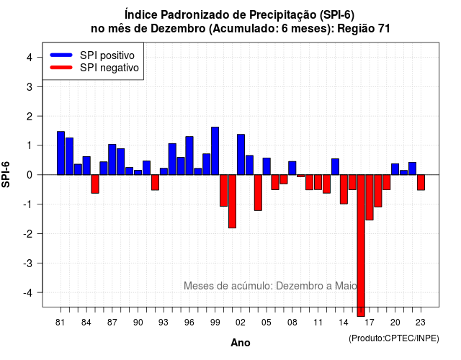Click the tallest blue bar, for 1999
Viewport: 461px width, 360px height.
click(x=215, y=150)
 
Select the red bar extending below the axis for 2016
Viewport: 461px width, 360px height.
click(x=361, y=246)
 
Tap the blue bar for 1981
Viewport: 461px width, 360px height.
click(x=61, y=153)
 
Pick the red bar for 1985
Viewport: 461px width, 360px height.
click(x=95, y=184)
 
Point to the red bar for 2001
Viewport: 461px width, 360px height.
click(x=232, y=202)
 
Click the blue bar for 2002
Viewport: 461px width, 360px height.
click(x=241, y=155)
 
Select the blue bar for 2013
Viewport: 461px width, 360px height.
click(x=335, y=166)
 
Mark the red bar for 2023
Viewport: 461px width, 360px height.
click(x=421, y=182)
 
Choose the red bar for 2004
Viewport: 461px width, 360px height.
click(x=258, y=192)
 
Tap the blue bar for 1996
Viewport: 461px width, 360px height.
click(x=189, y=156)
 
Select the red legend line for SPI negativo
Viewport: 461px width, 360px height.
click(x=61, y=68)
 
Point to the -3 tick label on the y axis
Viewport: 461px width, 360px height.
click(x=28, y=263)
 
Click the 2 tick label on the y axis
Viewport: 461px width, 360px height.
click(x=30, y=117)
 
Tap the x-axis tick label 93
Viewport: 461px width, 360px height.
click(x=164, y=323)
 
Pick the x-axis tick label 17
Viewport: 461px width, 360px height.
click(x=370, y=323)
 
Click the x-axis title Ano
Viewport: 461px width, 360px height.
click(x=241, y=343)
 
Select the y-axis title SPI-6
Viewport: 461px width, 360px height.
click(x=6, y=174)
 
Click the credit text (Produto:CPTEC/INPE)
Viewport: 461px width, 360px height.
click(x=394, y=338)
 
